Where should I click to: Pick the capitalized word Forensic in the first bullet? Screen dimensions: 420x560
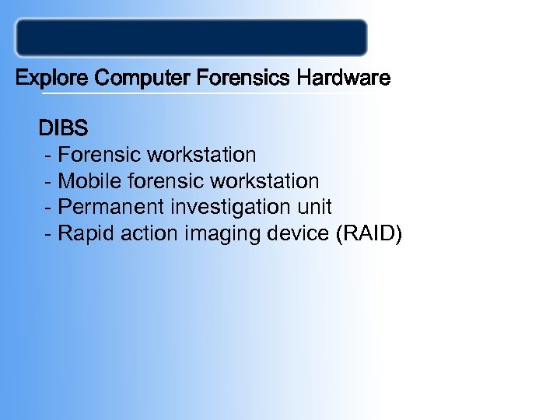(x=96, y=155)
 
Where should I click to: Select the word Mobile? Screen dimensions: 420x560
(x=86, y=181)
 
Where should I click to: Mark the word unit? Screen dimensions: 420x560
(x=315, y=207)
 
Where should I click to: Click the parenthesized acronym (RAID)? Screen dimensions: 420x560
(x=368, y=233)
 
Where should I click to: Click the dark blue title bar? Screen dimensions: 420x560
(x=191, y=37)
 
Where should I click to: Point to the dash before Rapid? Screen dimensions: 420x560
(x=50, y=234)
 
